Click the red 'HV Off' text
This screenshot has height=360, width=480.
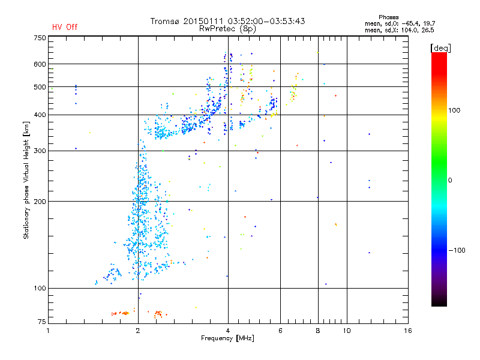64,27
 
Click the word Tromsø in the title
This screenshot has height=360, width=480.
166,21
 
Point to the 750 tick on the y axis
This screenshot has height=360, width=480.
39,37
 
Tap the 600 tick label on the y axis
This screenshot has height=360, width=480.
39,64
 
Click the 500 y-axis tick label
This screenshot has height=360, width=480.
39,87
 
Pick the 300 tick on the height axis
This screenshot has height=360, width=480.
39,151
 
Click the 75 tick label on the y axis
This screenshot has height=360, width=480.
41,323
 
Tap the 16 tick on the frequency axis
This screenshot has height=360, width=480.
407,331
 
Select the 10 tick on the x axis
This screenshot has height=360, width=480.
346,331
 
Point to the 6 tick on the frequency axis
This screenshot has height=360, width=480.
280,331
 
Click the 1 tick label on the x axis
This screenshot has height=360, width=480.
48,331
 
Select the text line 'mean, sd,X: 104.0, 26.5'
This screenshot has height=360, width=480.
399,29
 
